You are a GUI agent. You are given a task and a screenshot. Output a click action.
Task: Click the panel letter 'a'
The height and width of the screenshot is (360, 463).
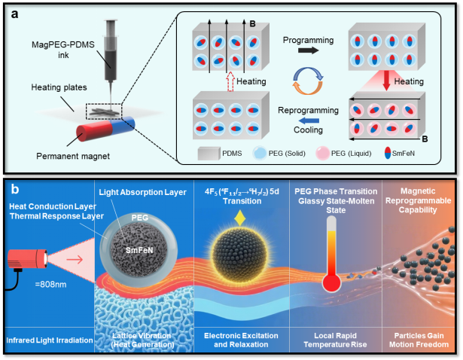tap(14, 14)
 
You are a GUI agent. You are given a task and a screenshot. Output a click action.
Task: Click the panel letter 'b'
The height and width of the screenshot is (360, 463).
tap(15, 189)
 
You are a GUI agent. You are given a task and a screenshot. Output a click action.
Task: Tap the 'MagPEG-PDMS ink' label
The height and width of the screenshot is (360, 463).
tap(63, 50)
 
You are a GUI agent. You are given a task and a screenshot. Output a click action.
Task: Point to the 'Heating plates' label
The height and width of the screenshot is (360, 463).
tap(59, 87)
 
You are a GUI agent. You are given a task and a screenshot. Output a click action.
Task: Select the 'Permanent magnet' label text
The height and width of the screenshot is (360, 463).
tap(73, 156)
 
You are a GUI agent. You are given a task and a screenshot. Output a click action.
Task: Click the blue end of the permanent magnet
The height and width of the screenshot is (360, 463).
tap(123, 124)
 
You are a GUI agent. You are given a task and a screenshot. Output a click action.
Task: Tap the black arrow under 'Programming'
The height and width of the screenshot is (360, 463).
tap(308, 50)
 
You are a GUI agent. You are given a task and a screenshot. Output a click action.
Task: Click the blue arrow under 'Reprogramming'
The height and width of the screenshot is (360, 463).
tap(309, 121)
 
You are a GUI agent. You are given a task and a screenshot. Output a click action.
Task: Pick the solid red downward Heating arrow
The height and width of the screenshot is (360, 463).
tap(386, 81)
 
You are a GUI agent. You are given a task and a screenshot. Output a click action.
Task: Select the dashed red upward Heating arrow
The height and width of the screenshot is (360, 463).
tap(230, 81)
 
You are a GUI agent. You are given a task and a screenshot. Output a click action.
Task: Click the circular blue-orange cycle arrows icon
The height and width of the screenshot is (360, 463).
tap(308, 81)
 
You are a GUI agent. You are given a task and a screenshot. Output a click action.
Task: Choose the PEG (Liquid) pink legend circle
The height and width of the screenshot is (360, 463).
tap(322, 154)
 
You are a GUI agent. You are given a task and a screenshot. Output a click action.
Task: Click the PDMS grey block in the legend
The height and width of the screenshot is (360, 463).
tap(209, 154)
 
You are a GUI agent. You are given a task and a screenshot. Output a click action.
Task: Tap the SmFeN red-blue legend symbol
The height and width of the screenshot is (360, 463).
tap(388, 154)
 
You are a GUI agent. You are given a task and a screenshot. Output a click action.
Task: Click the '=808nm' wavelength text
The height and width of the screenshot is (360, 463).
tap(50, 285)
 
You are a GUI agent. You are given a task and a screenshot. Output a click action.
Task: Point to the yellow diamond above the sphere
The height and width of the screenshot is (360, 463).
tap(239, 218)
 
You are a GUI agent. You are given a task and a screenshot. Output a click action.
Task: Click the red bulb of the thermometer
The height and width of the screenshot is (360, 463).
tap(331, 282)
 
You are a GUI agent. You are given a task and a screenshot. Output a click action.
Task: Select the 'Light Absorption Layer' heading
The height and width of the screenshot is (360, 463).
tap(142, 192)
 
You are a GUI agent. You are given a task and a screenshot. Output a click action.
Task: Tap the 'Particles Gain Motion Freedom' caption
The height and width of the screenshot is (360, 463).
tap(419, 340)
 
